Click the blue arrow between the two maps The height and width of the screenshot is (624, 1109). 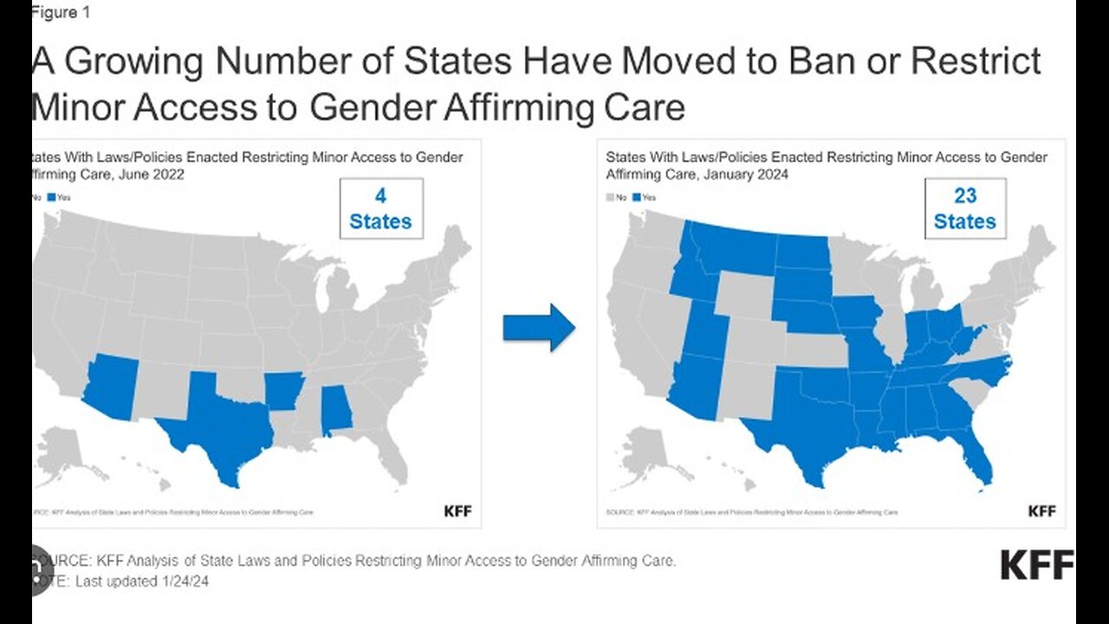tap(538, 328)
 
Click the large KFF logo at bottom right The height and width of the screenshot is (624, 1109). tap(1036, 565)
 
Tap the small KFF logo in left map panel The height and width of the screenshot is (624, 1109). tap(458, 511)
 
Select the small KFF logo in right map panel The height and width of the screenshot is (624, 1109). tap(1042, 511)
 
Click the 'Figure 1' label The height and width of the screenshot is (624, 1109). tap(60, 12)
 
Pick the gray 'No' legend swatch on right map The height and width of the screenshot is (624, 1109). tap(610, 198)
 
